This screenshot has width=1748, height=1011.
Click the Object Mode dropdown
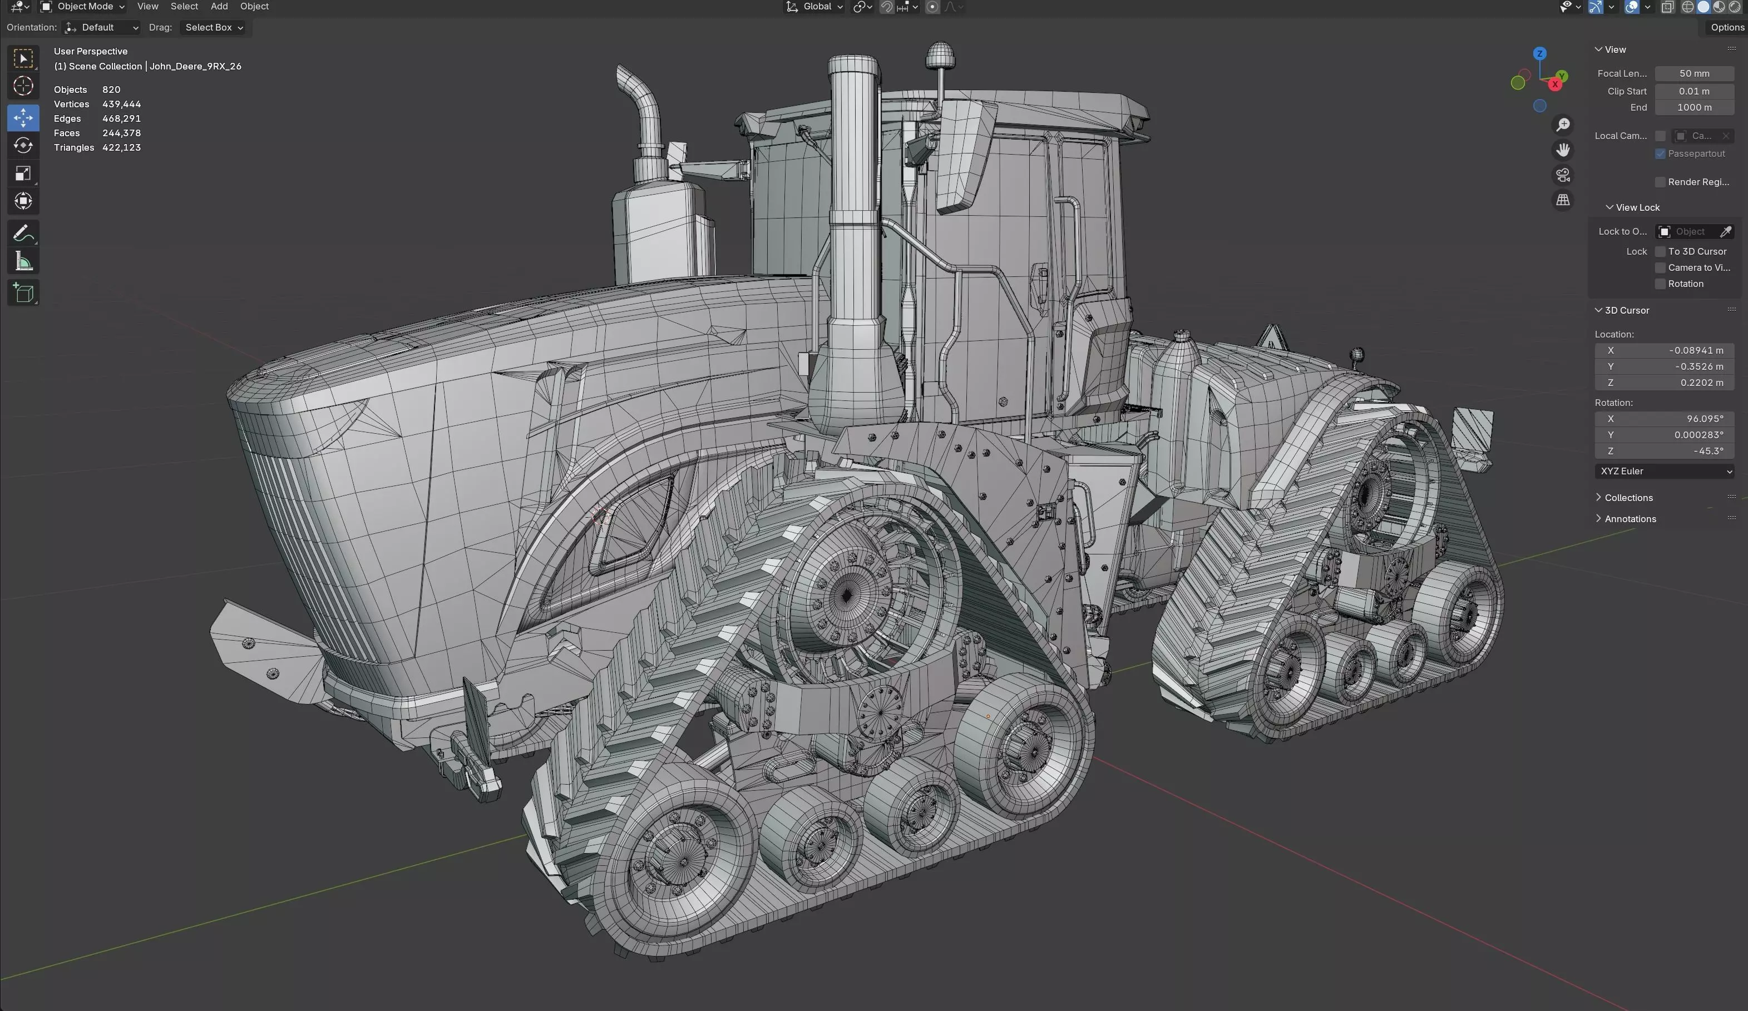click(83, 7)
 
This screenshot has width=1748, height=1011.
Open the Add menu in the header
click(219, 7)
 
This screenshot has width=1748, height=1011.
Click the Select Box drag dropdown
click(214, 28)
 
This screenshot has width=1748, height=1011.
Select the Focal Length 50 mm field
click(1693, 73)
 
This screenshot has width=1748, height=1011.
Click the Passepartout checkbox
click(1660, 154)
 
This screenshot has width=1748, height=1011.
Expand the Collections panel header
click(1628, 498)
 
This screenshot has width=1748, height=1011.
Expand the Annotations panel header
click(1630, 519)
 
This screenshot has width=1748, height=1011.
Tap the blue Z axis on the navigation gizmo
click(1539, 53)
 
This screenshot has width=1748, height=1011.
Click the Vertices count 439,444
click(121, 104)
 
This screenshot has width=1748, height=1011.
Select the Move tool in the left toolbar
click(23, 118)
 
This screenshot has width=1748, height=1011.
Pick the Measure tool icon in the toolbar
click(23, 262)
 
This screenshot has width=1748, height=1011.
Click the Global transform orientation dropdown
click(815, 7)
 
